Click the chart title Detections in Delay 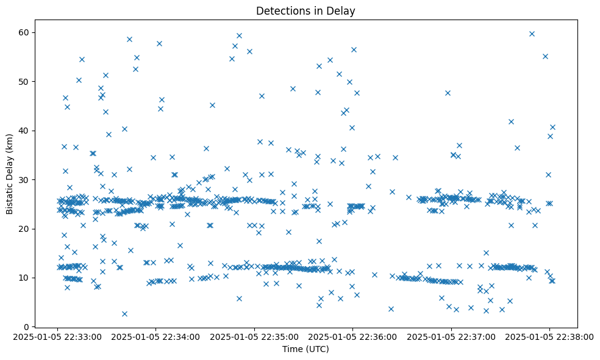(x=305, y=10)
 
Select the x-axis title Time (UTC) (x=305, y=349)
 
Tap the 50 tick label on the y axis (x=27, y=81)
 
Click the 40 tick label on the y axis (x=27, y=131)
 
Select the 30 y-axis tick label (x=27, y=179)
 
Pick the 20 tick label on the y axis (x=27, y=229)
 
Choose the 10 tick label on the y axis (x=27, y=278)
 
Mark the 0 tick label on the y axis (x=29, y=326)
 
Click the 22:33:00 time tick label (x=58, y=336)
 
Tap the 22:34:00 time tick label (x=156, y=336)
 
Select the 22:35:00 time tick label (x=254, y=336)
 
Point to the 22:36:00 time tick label (x=352, y=336)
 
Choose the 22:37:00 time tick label (x=451, y=336)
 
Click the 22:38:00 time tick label (x=549, y=336)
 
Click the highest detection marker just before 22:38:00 (x=532, y=34)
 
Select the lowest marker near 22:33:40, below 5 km (x=124, y=314)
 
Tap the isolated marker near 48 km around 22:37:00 (x=448, y=93)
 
